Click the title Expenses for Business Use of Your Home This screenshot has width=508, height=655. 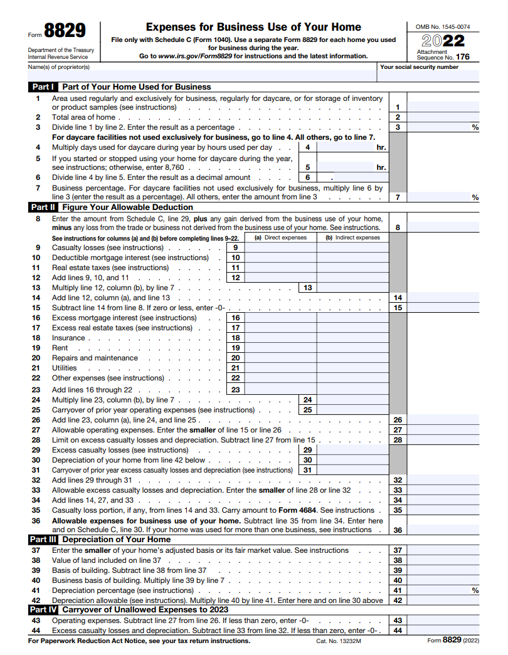click(x=253, y=27)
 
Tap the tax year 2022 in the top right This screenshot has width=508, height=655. click(x=443, y=41)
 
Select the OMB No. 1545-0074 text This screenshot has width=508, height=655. click(x=443, y=27)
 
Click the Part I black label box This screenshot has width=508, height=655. click(x=43, y=87)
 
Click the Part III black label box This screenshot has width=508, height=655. click(x=43, y=539)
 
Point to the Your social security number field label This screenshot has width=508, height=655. click(x=419, y=67)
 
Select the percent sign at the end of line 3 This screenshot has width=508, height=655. click(x=475, y=127)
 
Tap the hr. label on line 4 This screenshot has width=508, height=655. click(x=381, y=148)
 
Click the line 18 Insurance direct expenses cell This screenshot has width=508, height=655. click(x=280, y=338)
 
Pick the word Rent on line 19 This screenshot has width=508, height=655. click(x=60, y=348)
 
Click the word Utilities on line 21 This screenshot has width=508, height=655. click(x=65, y=368)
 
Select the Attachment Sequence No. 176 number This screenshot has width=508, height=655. click(x=463, y=57)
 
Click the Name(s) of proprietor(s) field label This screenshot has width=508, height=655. click(x=59, y=67)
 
